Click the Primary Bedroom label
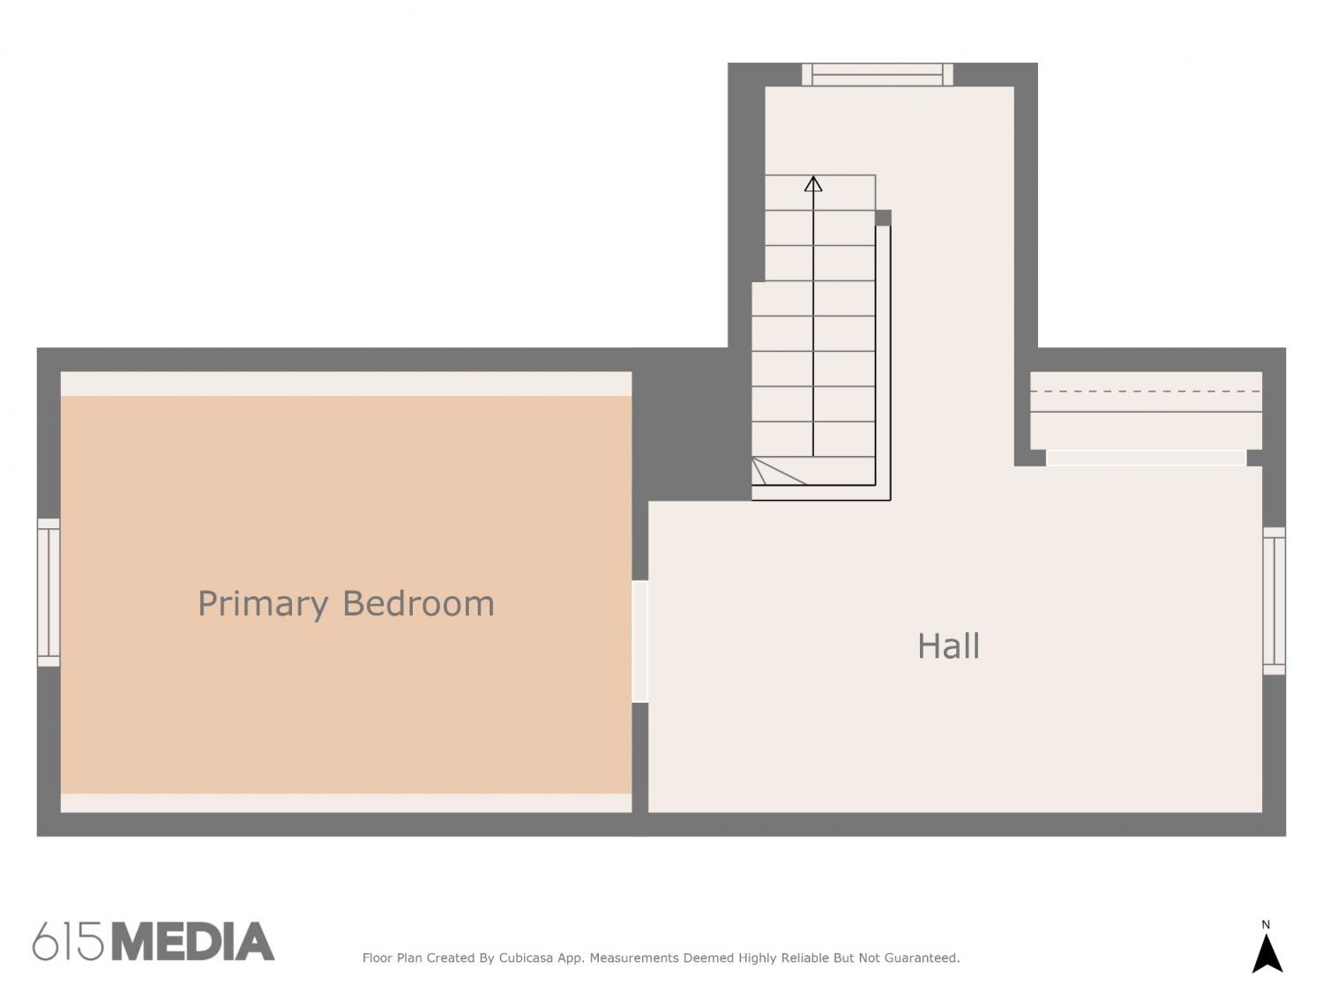(x=346, y=604)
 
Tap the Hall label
(x=948, y=646)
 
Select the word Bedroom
(x=418, y=603)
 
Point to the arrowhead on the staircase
(x=813, y=183)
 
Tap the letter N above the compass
(x=1266, y=924)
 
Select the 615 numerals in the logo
(x=68, y=941)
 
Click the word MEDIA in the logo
(x=192, y=941)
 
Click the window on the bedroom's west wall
(x=49, y=593)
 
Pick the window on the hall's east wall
(x=1274, y=601)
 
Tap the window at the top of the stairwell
(x=877, y=75)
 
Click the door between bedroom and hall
(x=640, y=641)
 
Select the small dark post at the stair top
(x=883, y=218)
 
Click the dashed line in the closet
(x=1145, y=392)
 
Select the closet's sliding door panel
(x=1146, y=458)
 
